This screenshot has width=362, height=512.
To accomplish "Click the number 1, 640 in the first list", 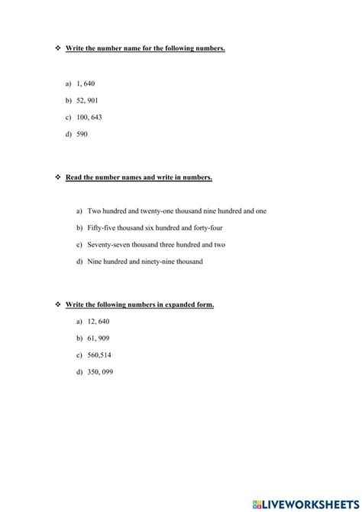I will pyautogui.click(x=86, y=83).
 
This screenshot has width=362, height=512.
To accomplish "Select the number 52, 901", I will pyautogui.click(x=88, y=100).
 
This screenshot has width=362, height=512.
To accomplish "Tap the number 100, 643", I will pyautogui.click(x=89, y=117).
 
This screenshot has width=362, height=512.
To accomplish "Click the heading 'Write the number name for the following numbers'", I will pyautogui.click(x=145, y=48).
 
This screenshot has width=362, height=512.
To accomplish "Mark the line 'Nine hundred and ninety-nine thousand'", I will pyautogui.click(x=145, y=262).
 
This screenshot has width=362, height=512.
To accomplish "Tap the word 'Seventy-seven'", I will pyautogui.click(x=107, y=245).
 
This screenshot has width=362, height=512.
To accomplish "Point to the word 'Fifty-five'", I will pyautogui.click(x=102, y=227).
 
